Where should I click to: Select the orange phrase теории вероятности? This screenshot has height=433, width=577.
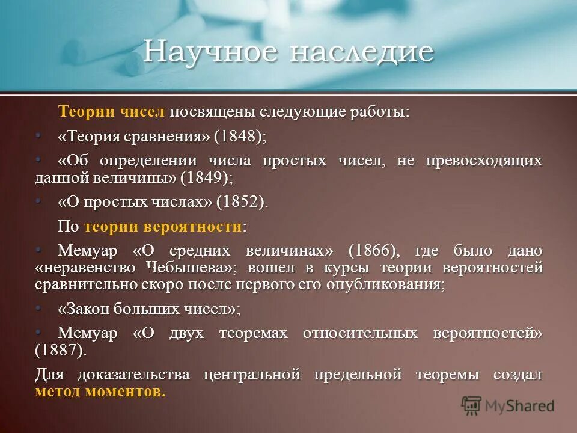pos(163,227)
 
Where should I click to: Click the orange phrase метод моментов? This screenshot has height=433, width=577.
pos(100,392)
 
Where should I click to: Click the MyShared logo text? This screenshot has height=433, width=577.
pos(521,406)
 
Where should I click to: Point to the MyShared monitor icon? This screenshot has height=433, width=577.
pos(472,405)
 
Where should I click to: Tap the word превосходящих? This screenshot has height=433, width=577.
pos(484,161)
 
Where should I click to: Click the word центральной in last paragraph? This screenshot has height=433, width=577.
pos(252,375)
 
